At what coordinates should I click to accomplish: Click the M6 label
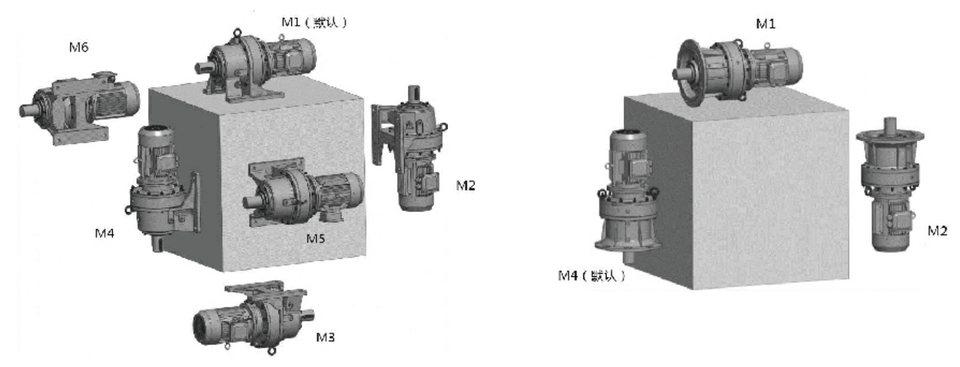(79, 47)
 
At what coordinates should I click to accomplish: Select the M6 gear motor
(79, 107)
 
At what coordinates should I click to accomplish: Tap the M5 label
(316, 238)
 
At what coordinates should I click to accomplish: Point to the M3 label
(325, 337)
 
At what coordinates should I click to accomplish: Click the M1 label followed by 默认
(314, 23)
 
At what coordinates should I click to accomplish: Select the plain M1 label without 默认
(765, 24)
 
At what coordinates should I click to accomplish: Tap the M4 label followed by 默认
(592, 275)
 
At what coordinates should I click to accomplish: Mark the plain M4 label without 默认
(104, 233)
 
